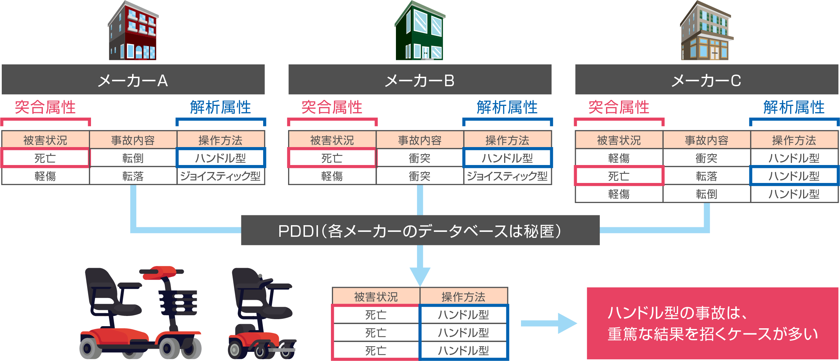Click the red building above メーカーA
[133, 32]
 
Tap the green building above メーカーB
[420, 32]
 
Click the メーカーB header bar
[420, 80]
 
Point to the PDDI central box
[420, 230]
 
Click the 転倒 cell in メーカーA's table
[133, 158]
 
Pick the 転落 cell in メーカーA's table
[133, 176]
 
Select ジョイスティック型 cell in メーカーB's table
[507, 176]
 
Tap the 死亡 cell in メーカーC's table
[619, 176]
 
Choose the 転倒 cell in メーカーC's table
[706, 194]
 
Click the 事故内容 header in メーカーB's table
[419, 140]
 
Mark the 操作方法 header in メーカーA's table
[221, 140]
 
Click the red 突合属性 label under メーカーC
[619, 107]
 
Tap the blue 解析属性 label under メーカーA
[221, 107]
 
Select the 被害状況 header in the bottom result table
[376, 297]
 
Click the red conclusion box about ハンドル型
[712, 323]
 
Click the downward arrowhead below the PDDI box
[420, 277]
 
